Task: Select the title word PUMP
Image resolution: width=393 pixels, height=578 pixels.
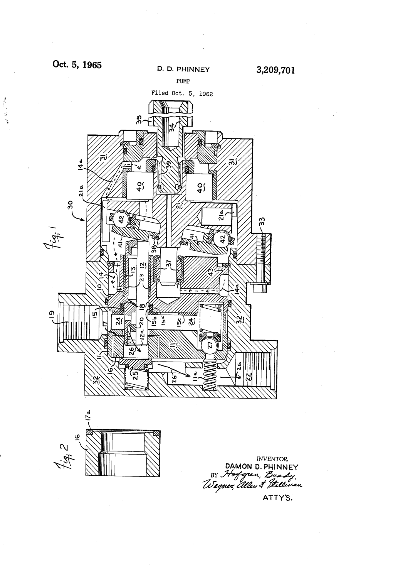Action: point(182,81)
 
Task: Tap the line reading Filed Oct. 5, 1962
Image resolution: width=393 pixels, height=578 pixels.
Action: point(182,93)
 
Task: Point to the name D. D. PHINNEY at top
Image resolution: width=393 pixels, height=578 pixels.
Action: point(183,70)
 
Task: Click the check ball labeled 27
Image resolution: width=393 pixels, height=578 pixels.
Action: point(210,345)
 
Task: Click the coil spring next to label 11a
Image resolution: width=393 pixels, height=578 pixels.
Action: point(210,373)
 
